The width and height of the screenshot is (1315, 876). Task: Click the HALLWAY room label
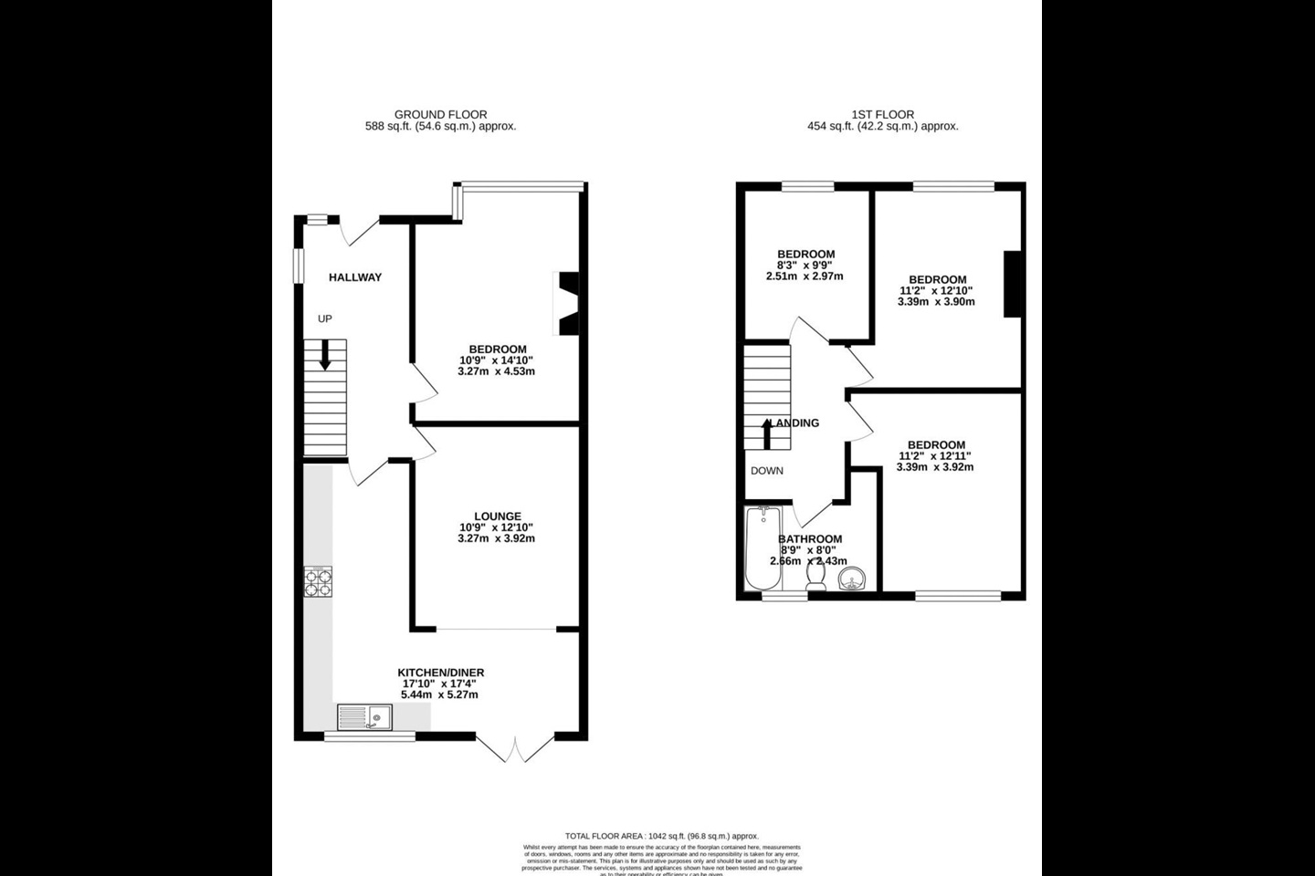pos(355,277)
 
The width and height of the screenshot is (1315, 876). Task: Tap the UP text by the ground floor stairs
pos(324,318)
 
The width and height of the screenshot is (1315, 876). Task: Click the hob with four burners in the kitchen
pos(318,581)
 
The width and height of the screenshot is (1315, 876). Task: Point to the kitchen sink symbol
pos(364,718)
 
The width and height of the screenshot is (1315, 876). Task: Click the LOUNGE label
pos(498,516)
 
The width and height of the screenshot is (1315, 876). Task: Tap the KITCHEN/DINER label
pos(440,673)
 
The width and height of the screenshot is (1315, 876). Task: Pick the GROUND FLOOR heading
pos(440,114)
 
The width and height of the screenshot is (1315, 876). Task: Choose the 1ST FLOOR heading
pos(882,114)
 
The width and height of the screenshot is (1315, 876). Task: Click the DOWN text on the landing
pos(767,472)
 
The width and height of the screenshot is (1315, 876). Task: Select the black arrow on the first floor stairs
pos(767,434)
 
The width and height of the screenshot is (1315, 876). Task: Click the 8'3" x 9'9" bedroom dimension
pos(805,266)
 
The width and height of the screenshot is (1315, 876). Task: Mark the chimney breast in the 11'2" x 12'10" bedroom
pos(1012,285)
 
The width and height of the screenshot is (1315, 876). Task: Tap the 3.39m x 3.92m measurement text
pos(935,467)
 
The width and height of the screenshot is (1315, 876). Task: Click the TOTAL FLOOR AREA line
pos(661,836)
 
